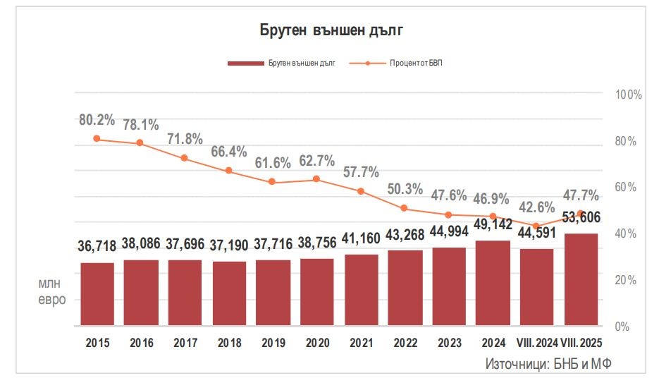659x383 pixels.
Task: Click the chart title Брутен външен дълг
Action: pos(330,30)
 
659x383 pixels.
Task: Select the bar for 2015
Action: pos(97,294)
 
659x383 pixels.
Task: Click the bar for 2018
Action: pos(229,293)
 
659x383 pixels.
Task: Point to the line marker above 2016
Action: pos(140,143)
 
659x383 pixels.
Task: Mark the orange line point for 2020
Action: pos(316,179)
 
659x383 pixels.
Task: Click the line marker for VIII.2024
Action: pos(536,226)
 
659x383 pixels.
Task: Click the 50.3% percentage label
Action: pos(405,189)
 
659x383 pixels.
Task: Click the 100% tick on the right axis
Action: pos(628,95)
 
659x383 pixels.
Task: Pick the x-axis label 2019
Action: pos(273,343)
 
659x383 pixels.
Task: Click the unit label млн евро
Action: pos(51,291)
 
